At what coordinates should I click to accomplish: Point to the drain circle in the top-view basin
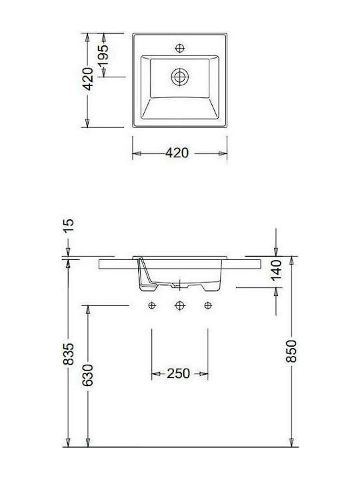(x=178, y=77)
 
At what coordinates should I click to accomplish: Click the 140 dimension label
(x=279, y=271)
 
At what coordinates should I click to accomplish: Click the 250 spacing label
(x=179, y=373)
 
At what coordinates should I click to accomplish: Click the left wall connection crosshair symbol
(x=152, y=305)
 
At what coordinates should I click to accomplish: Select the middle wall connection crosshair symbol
(x=179, y=305)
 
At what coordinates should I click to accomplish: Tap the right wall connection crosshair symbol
(x=208, y=305)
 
